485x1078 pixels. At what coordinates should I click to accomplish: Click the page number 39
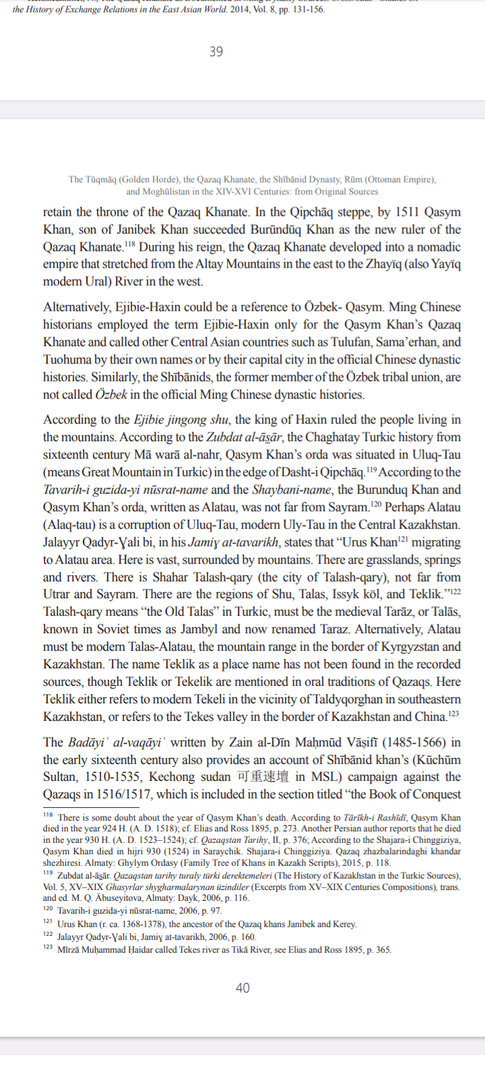216,52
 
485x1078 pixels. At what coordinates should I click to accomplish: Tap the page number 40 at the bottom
243,988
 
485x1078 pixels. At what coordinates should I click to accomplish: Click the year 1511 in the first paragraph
407,212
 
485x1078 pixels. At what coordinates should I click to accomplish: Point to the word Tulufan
363,342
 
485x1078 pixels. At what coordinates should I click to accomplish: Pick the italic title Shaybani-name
292,490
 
